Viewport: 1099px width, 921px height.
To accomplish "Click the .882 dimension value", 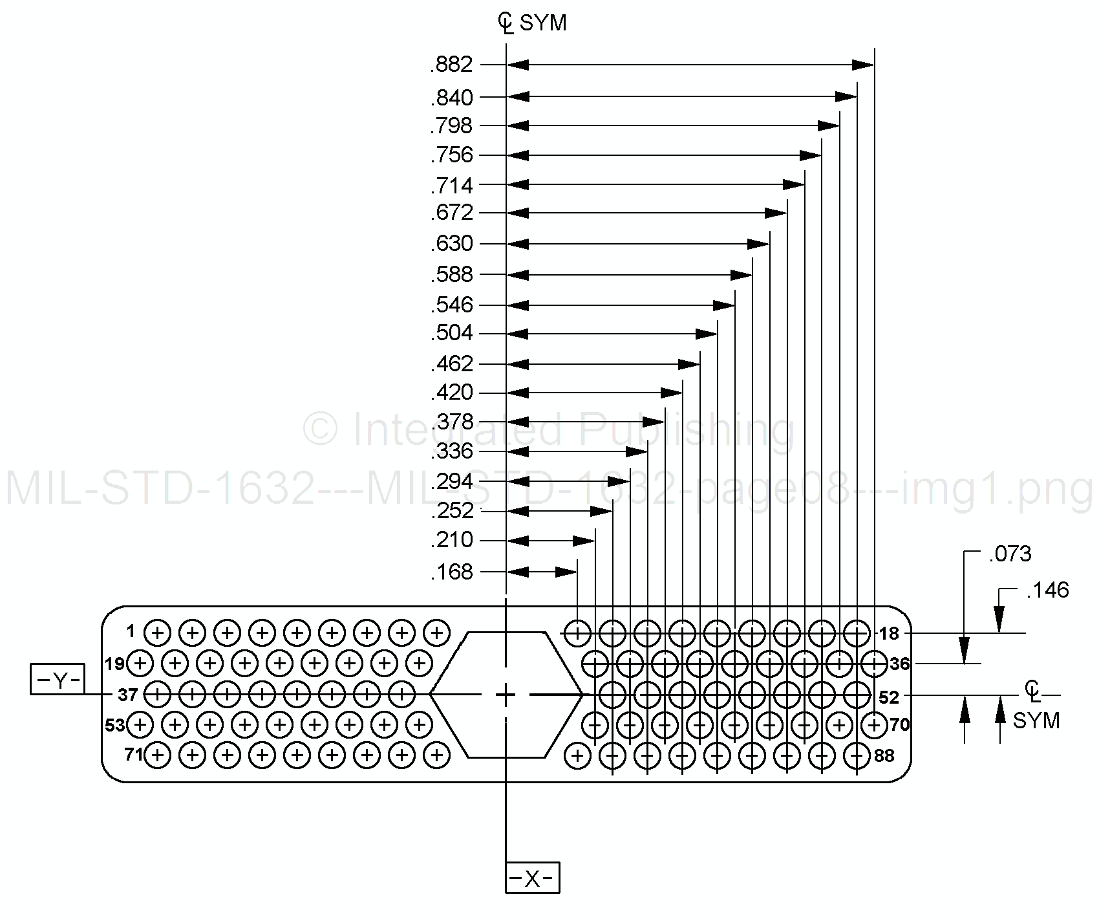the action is coord(452,65).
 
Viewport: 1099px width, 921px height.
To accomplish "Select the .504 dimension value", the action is coord(452,334).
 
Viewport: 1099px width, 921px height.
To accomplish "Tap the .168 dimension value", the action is coord(452,572).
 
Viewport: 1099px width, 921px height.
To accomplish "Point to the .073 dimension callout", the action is coord(1010,554).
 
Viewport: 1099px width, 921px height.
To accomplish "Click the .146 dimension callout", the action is coord(1047,591).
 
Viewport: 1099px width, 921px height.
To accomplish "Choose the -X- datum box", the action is coord(532,878).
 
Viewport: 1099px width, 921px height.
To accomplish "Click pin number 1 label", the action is coord(131,631).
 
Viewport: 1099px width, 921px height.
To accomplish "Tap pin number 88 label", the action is coord(884,755).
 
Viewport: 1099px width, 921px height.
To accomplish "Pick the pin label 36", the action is coord(899,664).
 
